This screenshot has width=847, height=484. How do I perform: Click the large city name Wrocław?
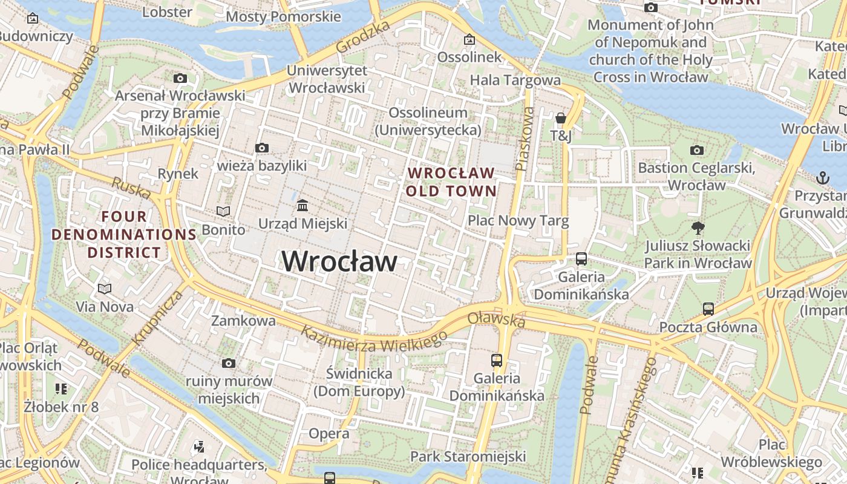coord(339,261)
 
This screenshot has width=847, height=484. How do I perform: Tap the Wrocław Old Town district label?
coord(451,182)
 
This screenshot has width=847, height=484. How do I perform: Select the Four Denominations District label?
coord(124,234)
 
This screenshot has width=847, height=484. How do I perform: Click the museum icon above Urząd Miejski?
coord(302,206)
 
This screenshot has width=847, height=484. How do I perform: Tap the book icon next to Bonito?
coord(223,211)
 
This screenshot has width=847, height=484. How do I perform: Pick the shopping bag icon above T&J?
coord(561,117)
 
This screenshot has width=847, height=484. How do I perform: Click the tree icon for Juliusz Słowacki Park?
coord(698,228)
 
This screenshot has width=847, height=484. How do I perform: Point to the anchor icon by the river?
coord(822,178)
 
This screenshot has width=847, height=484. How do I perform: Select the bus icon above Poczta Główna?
coord(708,309)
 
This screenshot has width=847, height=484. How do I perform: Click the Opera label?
coord(329,434)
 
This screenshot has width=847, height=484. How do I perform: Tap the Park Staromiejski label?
coord(468,456)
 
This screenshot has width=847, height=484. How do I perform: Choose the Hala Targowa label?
coord(515,80)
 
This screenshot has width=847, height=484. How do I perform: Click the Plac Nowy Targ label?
coord(518,221)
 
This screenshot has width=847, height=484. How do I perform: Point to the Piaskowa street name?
coord(525,139)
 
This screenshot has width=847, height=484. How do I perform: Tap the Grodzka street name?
coord(363,36)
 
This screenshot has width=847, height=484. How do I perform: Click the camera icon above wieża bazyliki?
coord(262,148)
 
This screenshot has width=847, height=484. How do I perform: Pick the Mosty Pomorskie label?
coord(283,16)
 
